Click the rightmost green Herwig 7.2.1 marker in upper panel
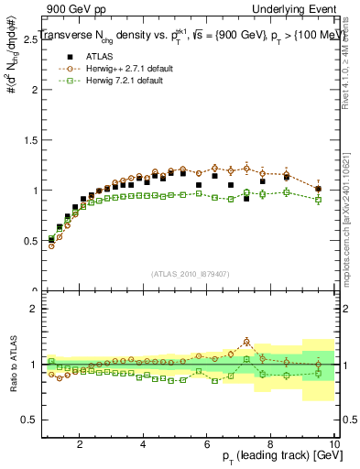tap(318, 199)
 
